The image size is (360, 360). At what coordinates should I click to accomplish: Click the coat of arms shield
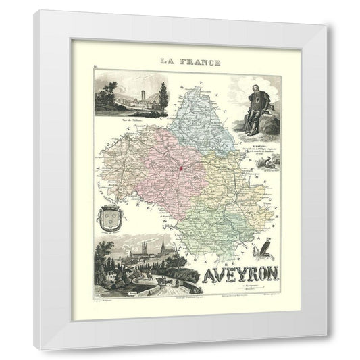point(111,220)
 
